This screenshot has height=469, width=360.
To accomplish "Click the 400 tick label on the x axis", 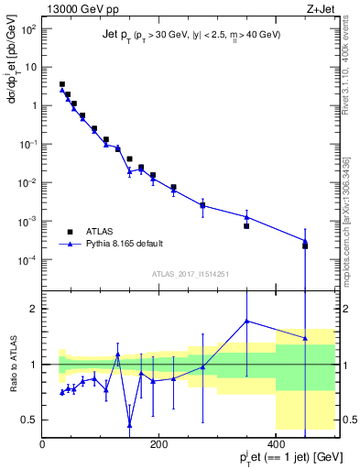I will pos(276,443).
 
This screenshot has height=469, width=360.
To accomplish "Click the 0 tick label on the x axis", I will pos(42,443).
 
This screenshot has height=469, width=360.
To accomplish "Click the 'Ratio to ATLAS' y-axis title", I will pos(12,365).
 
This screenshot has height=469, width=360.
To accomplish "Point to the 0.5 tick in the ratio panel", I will pos(30,420).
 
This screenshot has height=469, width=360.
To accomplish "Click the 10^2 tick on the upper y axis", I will pos(28,28).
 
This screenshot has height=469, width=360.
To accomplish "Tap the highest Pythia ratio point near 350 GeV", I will pos(246,321).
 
